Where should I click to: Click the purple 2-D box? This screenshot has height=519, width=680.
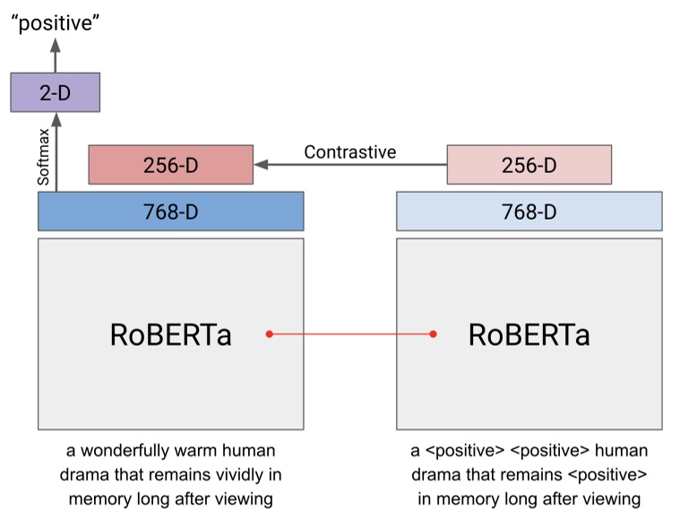[x=55, y=92]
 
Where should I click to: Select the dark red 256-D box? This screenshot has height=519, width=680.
[x=170, y=165]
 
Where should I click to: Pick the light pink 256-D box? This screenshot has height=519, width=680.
[x=529, y=165]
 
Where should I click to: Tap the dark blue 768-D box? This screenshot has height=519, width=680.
[x=170, y=212]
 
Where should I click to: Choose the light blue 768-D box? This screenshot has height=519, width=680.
[x=529, y=212]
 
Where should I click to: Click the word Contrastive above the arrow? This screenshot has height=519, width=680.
[x=349, y=151]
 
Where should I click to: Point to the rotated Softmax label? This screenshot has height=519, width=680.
[x=44, y=157]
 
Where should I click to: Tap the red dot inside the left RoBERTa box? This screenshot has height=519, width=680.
[x=269, y=334]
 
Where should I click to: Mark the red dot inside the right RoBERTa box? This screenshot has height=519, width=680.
[x=433, y=334]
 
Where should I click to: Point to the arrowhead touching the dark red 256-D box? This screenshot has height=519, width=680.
[x=260, y=165]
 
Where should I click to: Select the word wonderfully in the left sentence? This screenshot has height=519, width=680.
[x=125, y=450]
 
